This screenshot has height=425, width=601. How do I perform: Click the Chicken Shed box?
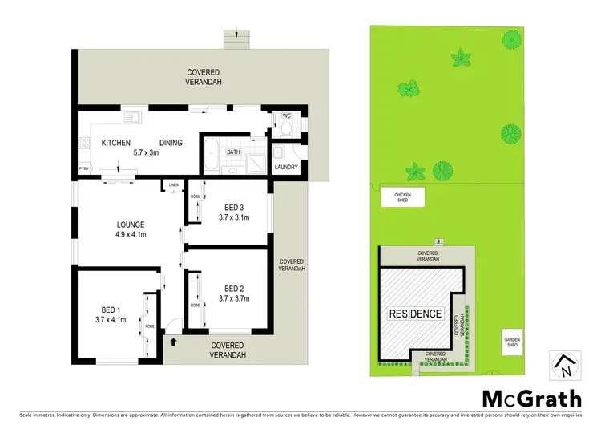(x=401, y=197)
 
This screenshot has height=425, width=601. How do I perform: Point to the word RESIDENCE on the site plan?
(x=415, y=314)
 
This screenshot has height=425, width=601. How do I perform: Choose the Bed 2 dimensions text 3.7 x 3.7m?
(x=233, y=299)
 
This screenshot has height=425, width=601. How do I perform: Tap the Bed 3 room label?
(x=233, y=206)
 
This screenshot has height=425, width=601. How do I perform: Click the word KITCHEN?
(x=116, y=143)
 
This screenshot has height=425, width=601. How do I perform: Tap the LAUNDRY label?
(x=285, y=167)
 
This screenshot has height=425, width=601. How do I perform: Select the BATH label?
(x=233, y=151)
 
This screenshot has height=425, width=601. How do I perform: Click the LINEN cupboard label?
(x=173, y=185)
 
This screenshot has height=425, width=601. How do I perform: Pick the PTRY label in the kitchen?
(x=83, y=168)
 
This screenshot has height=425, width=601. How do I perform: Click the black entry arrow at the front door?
(x=173, y=342)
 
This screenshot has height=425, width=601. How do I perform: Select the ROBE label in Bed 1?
(x=149, y=326)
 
